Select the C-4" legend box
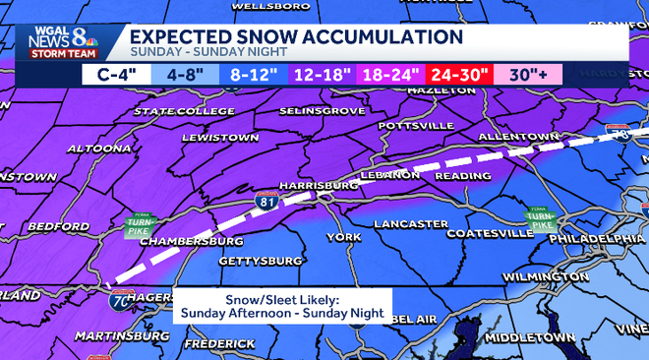coord(116,73)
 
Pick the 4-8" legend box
coord(186,73)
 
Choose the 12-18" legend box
coord(324,73)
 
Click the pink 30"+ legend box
coord(528,73)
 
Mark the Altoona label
coord(99,149)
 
